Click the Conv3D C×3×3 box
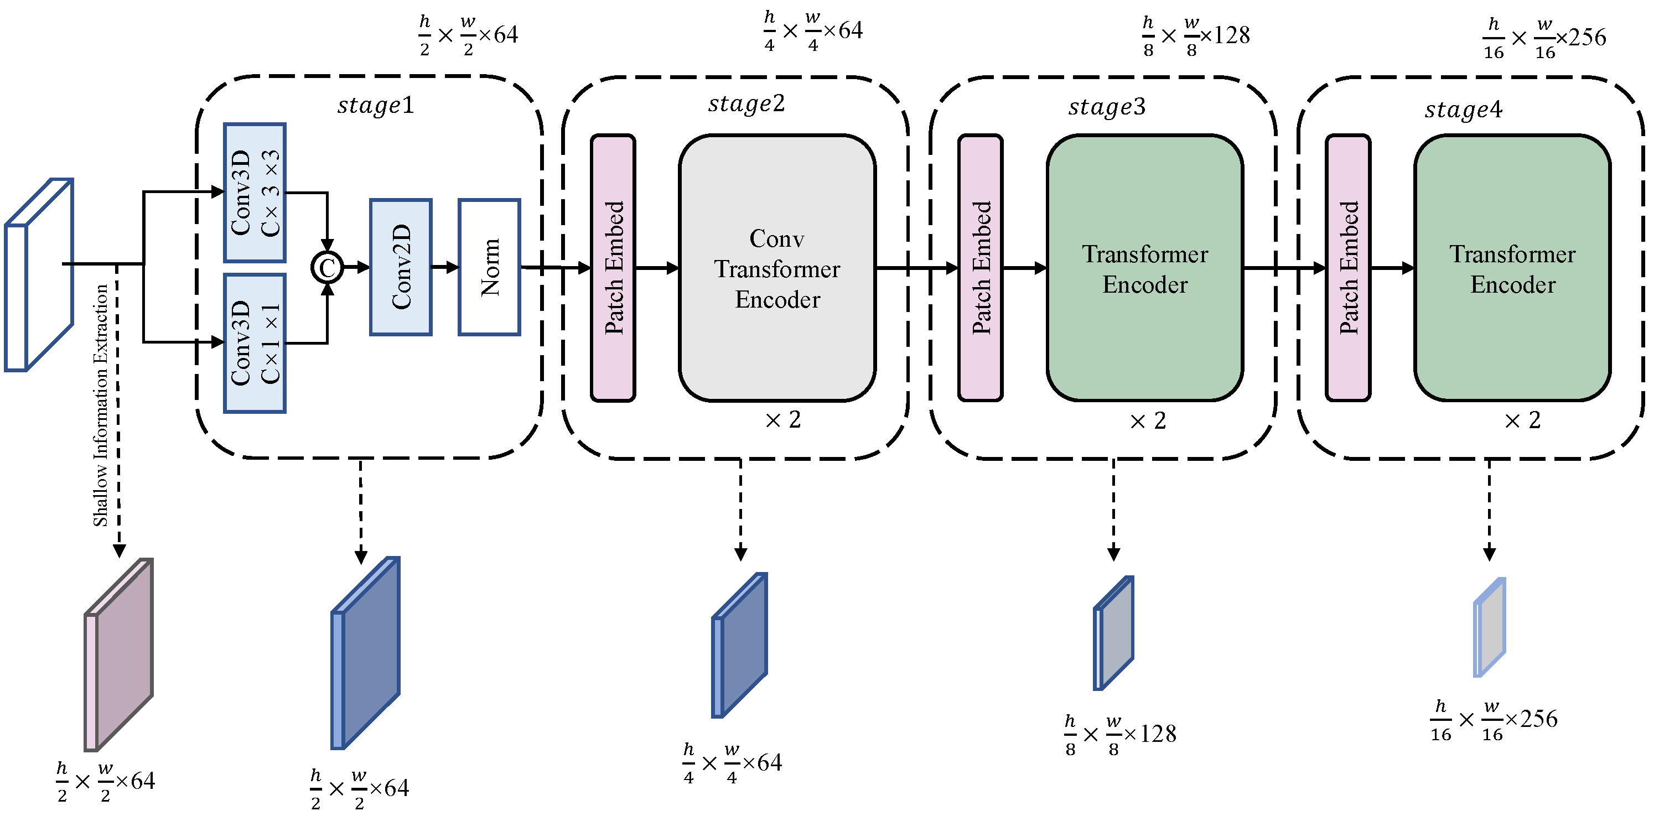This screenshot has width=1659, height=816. pyautogui.click(x=255, y=193)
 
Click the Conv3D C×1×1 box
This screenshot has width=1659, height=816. pyautogui.click(x=255, y=342)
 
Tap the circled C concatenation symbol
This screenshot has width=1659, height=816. pyautogui.click(x=327, y=268)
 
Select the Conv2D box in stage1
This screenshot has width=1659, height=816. pyautogui.click(x=400, y=267)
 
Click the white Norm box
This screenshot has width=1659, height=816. pyautogui.click(x=489, y=267)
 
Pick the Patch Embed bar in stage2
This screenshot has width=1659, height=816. pyautogui.click(x=613, y=268)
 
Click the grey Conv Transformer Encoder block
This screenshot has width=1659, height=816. pyautogui.click(x=777, y=268)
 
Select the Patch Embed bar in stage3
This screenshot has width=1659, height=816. pyautogui.click(x=980, y=268)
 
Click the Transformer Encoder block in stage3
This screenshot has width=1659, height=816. pyautogui.click(x=1144, y=268)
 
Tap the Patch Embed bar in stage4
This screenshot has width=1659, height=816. pyautogui.click(x=1347, y=268)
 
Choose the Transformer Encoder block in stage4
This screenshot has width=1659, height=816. pyautogui.click(x=1512, y=268)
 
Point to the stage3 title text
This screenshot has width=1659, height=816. pyautogui.click(x=1106, y=107)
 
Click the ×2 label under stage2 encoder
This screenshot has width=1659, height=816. pyautogui.click(x=783, y=420)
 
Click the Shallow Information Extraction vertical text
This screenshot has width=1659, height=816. pyautogui.click(x=101, y=406)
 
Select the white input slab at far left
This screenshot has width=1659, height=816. pyautogui.click(x=39, y=276)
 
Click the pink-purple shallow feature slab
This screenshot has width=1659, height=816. pyautogui.click(x=119, y=654)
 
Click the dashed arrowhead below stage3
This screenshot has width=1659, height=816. pyautogui.click(x=1113, y=554)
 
